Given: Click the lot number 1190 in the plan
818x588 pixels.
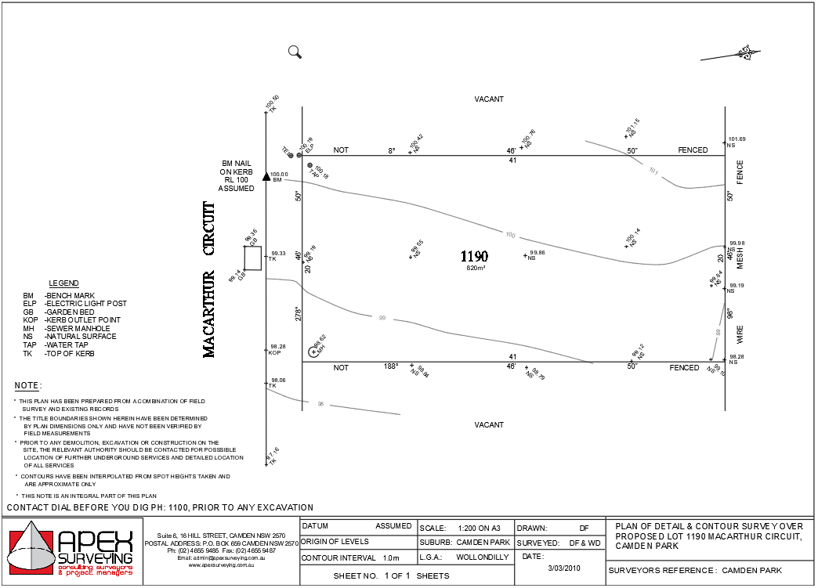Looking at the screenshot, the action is [474, 256].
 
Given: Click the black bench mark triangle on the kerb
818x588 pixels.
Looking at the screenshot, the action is [266, 177].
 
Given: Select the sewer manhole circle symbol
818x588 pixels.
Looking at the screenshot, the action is [313, 352].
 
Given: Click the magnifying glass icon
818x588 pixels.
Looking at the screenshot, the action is [295, 52].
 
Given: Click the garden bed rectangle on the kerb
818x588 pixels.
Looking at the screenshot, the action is [252, 258].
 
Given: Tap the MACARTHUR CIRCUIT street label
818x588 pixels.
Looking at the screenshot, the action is [209, 280].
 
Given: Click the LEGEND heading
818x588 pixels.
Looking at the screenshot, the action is [63, 283].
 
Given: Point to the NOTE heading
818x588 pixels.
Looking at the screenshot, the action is [27, 386].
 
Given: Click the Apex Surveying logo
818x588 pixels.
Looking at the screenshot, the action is [71, 551].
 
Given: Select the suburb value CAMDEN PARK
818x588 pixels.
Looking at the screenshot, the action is [483, 542].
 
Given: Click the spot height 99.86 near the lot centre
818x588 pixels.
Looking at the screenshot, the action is [537, 253].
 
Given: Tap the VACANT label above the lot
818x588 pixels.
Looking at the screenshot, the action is [489, 99].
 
